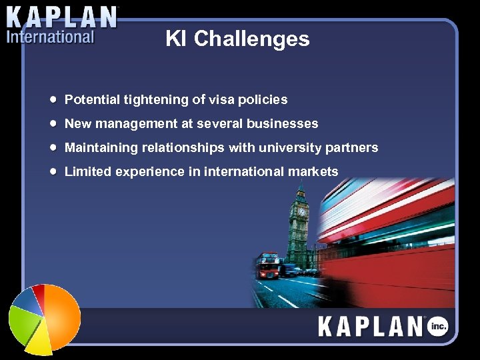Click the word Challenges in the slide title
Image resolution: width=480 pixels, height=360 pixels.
(x=252, y=39)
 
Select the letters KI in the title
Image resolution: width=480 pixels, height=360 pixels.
(x=176, y=39)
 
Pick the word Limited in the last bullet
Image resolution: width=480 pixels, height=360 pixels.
(x=88, y=172)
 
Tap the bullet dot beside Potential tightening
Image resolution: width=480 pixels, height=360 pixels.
(x=53, y=99)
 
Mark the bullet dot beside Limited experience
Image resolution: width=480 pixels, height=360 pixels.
(x=53, y=171)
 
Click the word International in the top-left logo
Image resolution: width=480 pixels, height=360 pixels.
(x=51, y=37)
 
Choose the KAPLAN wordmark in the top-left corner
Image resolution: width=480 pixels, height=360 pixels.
(x=62, y=16)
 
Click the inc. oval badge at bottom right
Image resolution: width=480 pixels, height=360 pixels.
(x=438, y=326)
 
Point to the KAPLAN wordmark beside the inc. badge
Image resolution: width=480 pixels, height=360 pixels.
(x=371, y=327)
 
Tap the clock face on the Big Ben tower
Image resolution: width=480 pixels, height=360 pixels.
(x=302, y=211)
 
